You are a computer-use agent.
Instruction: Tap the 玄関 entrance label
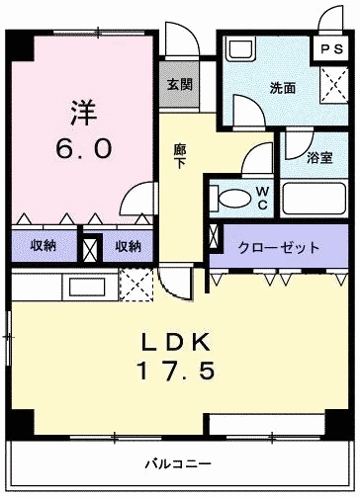[x=179, y=85]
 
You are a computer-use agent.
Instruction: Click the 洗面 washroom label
[x=283, y=88]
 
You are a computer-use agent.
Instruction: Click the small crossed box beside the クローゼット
[x=216, y=236]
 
